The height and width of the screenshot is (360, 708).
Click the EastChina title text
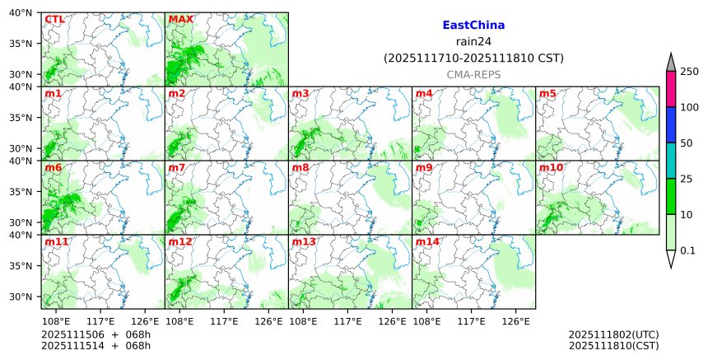coord(473,26)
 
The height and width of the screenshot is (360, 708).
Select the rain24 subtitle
coord(473,42)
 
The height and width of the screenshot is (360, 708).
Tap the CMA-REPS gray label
coord(473,74)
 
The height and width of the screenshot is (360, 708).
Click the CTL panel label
coord(55,19)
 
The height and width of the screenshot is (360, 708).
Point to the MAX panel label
coord(180,19)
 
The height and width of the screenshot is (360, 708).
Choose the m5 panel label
coord(548,93)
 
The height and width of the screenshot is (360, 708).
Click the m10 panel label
coord(551,168)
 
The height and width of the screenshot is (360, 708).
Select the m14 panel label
coord(428,242)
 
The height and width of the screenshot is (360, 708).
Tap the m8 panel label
coord(300,168)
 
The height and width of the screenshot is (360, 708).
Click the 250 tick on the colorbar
coord(690,72)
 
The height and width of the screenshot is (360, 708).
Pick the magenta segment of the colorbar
coord(671,89)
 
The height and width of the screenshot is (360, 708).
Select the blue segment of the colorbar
coord(671,124)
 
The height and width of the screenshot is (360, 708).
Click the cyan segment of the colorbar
coord(671,161)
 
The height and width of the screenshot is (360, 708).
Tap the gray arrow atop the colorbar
coord(671,63)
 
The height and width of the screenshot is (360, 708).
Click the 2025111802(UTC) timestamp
coord(613,335)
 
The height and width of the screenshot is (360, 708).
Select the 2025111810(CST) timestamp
coord(613,346)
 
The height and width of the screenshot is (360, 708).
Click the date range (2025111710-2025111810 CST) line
coord(473,58)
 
